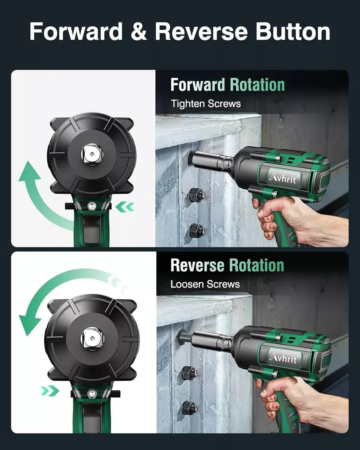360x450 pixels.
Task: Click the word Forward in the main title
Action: (x=76, y=31)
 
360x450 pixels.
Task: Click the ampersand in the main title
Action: (x=139, y=32)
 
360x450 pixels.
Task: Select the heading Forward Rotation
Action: (x=227, y=85)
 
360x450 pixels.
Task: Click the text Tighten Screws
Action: (x=206, y=104)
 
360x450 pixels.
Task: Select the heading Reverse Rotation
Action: (x=227, y=265)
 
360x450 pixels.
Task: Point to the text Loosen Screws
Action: (x=205, y=284)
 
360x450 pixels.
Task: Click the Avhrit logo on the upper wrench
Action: (x=282, y=179)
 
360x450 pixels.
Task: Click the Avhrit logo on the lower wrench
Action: (x=282, y=358)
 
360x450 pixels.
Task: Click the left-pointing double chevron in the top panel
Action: (x=125, y=207)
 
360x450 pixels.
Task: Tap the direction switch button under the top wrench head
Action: (x=90, y=205)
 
